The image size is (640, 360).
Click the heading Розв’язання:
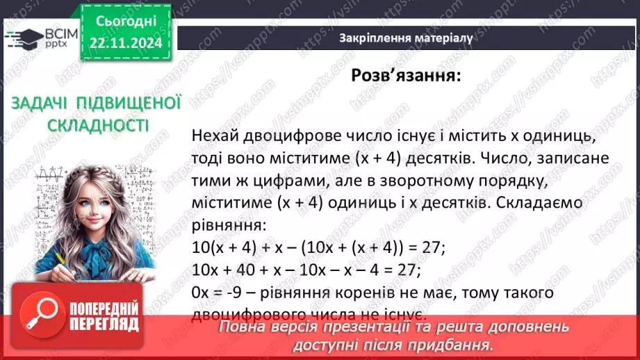pyautogui.click(x=405, y=76)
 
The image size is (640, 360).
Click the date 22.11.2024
pyautogui.click(x=125, y=42)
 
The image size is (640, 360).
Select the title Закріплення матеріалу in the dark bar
pyautogui.click(x=406, y=38)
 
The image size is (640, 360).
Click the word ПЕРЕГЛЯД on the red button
pyautogui.click(x=105, y=325)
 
